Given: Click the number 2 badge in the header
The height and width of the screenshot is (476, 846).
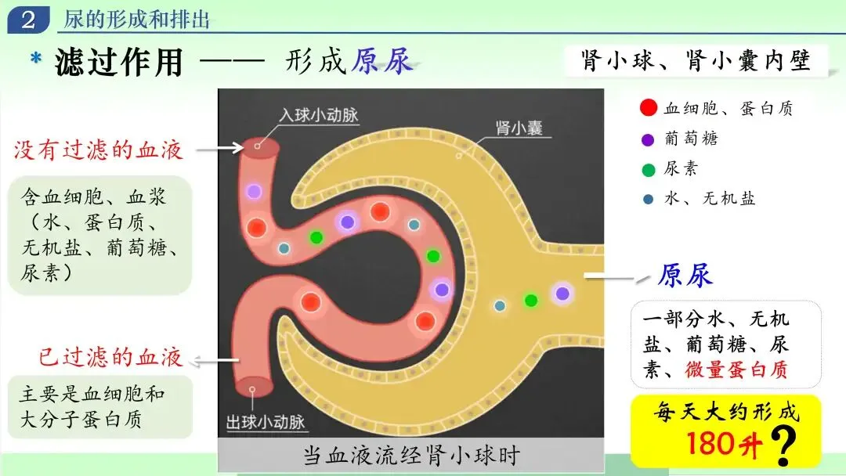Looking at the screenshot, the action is pos(28,20).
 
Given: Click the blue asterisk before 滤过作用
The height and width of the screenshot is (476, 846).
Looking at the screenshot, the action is pos(36,58).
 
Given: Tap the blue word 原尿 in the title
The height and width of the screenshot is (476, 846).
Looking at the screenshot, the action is pos(382,61).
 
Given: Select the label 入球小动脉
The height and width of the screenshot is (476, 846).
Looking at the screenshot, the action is pos(319,115).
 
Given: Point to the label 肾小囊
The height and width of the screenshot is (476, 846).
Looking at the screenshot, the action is pos(519,128).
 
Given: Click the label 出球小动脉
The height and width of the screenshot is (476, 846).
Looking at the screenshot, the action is pos(266,421).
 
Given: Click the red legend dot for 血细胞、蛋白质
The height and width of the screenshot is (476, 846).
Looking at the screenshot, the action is pos(648,108).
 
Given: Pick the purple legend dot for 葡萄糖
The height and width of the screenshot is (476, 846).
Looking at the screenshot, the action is pos(648,140).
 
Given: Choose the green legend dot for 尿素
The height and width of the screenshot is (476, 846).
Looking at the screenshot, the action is pos(649,171).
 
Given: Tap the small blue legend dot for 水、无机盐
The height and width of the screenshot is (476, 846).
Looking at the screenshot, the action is pos(649,200).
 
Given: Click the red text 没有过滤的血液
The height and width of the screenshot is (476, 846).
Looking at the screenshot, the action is pos(98,150).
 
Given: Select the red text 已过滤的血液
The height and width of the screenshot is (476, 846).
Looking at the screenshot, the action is pos(110,357).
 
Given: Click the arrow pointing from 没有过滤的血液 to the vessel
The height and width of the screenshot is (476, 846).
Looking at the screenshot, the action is pos(220,148).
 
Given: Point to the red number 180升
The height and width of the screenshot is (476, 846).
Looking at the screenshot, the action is pos(725,444).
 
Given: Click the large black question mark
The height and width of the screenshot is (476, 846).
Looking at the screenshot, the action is pos(783,445).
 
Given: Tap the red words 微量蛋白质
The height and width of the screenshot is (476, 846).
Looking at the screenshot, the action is pos(736,370).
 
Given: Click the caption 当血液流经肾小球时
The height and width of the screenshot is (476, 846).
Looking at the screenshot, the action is pos(411,456).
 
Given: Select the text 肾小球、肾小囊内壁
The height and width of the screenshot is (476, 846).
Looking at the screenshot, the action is pos(696,60).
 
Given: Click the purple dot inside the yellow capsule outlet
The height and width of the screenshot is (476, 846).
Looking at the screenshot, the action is pos(562,294).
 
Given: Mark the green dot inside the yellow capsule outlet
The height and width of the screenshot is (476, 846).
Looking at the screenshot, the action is pos(531,301).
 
